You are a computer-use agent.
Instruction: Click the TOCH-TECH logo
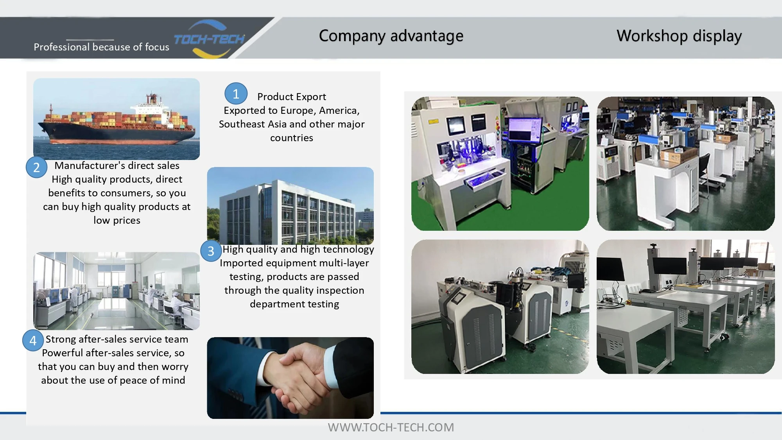[x=209, y=39]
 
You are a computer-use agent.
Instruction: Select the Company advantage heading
[x=391, y=36]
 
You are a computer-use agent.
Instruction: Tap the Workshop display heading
[x=679, y=36]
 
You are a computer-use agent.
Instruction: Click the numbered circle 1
[x=236, y=94]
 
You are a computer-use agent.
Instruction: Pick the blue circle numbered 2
[x=36, y=167]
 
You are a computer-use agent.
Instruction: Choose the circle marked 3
[x=211, y=251]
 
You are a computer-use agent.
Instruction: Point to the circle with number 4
[x=33, y=340]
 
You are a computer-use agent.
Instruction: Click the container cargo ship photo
[x=117, y=119]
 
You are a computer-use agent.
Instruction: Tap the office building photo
[x=290, y=206]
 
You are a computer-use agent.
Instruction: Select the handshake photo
[x=290, y=378]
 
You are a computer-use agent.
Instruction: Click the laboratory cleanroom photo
[x=117, y=291]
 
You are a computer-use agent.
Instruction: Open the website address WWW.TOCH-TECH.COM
[x=391, y=427]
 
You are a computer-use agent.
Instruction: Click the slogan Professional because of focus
[x=101, y=47]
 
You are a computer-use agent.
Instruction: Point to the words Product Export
[x=292, y=97]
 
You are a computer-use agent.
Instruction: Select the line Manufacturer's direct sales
[x=117, y=165]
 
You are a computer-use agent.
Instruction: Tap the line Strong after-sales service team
[x=117, y=339]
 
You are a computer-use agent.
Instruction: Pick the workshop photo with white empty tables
[x=685, y=307]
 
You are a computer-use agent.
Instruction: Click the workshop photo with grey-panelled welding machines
[x=500, y=307]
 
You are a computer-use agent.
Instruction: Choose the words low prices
[x=117, y=221]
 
